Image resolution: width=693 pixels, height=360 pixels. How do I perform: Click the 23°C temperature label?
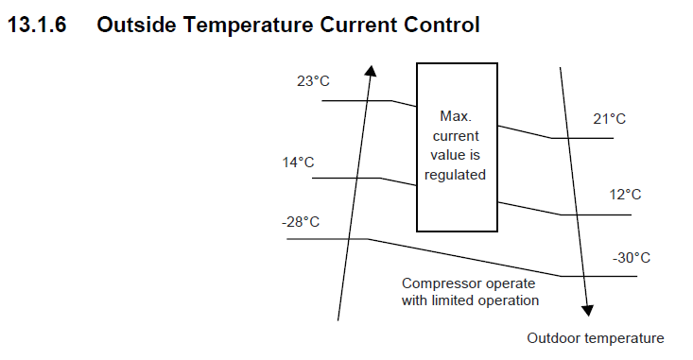313,81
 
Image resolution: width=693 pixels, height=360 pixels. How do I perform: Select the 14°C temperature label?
299,163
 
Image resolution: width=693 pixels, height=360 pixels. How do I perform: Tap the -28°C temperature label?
301,222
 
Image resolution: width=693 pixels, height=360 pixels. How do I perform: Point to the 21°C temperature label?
610,119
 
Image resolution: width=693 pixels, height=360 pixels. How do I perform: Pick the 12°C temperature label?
625,195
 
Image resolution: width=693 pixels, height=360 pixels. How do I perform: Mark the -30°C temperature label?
632,258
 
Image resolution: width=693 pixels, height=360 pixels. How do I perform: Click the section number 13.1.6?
37,25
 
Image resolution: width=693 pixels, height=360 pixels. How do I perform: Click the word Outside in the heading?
136,25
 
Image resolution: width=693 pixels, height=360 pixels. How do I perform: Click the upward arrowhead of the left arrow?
372,71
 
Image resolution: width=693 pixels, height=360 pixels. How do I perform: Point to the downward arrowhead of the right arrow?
587,311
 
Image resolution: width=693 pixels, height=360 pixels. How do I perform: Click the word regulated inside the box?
455,175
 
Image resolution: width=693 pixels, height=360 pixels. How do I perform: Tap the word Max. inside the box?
456,116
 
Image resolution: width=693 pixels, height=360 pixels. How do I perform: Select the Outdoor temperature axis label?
596,338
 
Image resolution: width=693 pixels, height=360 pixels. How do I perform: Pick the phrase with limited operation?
470,300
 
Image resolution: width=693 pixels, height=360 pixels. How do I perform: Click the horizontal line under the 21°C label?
582,138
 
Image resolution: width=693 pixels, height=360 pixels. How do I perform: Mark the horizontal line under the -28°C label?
327,239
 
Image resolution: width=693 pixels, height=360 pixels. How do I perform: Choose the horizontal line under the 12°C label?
597,215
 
